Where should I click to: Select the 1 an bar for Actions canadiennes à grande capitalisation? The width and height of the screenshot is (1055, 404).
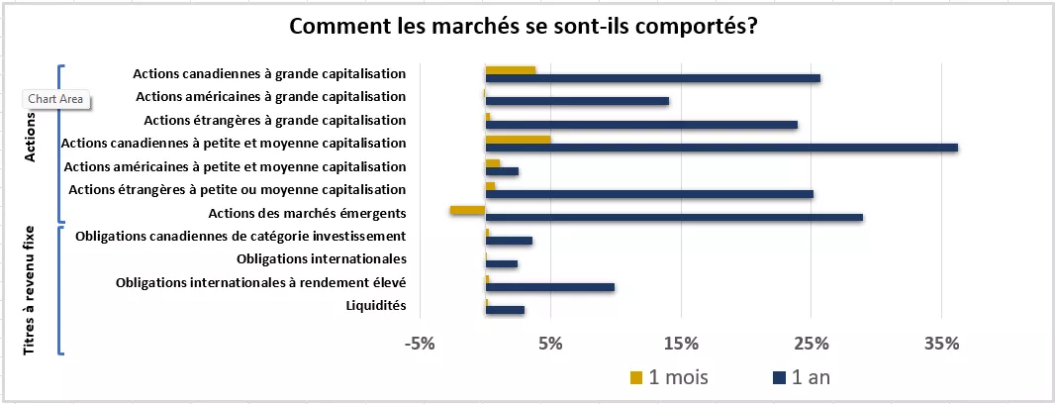click(x=652, y=78)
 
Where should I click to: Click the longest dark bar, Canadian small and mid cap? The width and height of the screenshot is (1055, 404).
click(x=720, y=148)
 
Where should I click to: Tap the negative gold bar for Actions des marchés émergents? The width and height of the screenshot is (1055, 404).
click(x=467, y=210)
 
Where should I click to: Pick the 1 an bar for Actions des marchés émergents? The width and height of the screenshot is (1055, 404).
click(x=673, y=217)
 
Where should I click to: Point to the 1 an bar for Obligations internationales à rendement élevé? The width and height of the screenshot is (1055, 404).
click(x=549, y=287)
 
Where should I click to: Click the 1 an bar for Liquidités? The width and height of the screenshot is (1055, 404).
click(x=505, y=310)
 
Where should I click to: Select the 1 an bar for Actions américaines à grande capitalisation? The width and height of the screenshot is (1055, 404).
click(x=577, y=101)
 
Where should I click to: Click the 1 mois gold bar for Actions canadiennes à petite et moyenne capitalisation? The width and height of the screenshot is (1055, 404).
click(x=518, y=140)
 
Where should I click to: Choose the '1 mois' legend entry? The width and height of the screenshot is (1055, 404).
click(x=673, y=377)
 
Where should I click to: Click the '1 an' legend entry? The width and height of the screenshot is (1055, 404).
click(x=808, y=377)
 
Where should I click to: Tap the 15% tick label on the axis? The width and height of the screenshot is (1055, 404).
click(x=681, y=345)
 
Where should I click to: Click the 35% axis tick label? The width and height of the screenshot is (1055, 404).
click(x=941, y=345)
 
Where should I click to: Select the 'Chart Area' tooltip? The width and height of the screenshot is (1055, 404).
click(x=55, y=99)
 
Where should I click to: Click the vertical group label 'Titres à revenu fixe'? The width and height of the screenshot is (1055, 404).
click(x=30, y=290)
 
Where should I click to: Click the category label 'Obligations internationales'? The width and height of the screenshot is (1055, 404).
click(x=322, y=259)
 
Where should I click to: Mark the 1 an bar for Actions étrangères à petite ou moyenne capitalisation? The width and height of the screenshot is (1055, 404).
click(x=649, y=194)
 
